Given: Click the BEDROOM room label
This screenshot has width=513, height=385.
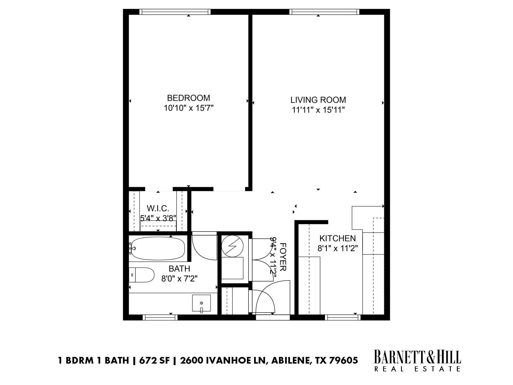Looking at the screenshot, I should coord(188,98).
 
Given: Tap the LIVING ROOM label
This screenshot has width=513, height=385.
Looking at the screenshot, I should coord(318,100).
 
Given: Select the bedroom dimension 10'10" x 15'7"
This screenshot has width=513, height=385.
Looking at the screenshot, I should coord(189,108).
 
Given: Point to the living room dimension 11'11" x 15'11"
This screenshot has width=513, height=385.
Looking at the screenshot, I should coord(318,110).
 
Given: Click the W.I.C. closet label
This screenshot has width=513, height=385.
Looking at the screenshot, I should coord(158,208).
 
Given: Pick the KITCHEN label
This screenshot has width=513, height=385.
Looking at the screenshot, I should coord(337,238).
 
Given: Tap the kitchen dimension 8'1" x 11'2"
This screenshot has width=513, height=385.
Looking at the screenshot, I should coord(337,248).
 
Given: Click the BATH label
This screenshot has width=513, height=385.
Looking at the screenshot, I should coord(179,268).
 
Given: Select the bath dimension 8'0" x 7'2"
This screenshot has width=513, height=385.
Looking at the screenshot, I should coord(179,279).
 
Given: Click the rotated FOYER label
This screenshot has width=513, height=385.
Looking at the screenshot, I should coord(282,257).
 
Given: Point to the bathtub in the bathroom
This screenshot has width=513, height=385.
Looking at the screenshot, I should coord(158,249).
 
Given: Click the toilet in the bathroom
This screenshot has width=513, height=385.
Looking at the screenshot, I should coord(142,275).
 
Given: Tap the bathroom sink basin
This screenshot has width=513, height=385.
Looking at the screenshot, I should coord(201,303).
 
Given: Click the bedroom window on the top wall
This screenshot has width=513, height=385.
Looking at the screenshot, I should coord(175,12).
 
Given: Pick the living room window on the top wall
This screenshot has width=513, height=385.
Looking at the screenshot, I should coord(324,12).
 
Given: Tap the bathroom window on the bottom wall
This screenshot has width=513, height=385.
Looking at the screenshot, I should coord(160,317).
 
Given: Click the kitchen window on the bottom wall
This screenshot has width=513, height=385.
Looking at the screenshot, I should coord(343,317).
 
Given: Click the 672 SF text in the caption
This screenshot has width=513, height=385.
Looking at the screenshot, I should coord(153,360).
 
